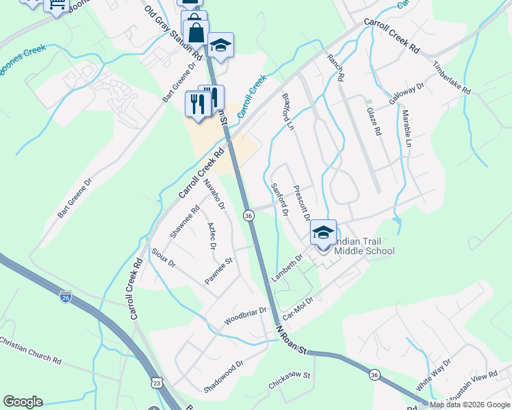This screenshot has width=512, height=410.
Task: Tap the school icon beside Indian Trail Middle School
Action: click(x=323, y=232)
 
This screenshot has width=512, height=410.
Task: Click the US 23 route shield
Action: click(x=157, y=383)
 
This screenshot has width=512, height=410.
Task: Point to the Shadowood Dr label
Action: click(x=223, y=377)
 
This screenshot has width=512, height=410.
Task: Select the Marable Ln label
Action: click(x=407, y=128)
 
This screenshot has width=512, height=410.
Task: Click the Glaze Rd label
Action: click(x=373, y=122)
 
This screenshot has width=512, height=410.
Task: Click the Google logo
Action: click(x=23, y=402)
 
